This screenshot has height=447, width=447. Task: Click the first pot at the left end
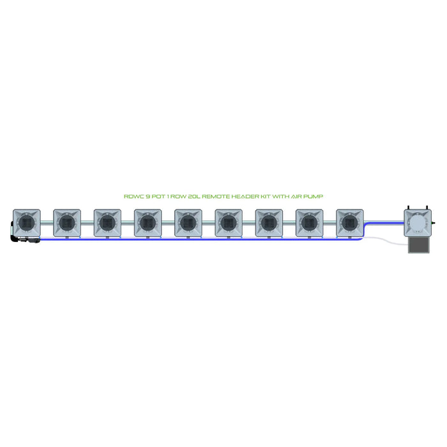(26, 222)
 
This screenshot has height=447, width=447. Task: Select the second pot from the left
(66, 222)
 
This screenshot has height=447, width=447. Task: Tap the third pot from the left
(107, 222)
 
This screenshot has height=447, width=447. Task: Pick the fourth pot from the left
(148, 222)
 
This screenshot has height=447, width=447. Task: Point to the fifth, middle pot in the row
(188, 222)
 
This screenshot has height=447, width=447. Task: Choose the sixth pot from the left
(228, 222)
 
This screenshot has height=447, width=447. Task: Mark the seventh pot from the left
(268, 222)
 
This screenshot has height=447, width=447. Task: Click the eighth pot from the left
(309, 222)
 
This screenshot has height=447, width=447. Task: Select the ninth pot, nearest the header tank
(349, 222)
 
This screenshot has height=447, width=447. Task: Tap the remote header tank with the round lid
(419, 223)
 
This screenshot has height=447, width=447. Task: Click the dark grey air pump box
(419, 246)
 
